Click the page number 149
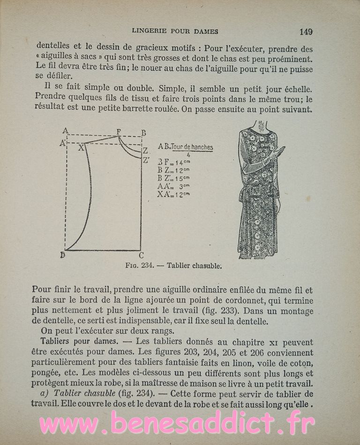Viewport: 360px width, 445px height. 306,32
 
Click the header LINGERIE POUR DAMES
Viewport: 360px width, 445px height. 175,32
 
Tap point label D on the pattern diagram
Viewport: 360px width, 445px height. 63,255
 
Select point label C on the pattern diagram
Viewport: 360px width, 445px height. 141,255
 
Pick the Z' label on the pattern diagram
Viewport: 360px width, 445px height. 146,161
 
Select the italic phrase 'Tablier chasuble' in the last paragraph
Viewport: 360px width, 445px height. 81,394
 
